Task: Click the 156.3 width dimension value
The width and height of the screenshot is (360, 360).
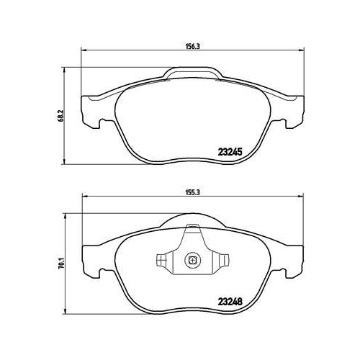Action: click(193, 47)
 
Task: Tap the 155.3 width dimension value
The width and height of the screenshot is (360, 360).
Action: click(193, 193)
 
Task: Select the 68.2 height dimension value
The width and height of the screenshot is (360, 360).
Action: click(60, 116)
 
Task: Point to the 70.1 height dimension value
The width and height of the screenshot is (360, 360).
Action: click(62, 264)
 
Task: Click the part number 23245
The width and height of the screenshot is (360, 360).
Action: click(230, 152)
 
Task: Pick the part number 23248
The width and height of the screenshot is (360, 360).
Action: click(230, 302)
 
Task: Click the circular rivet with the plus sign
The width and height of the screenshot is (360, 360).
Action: click(192, 260)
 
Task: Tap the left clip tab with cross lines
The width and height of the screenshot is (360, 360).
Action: click(161, 260)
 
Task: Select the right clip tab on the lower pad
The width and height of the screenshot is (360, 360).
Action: click(223, 260)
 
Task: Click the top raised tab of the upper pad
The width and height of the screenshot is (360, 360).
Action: click(193, 73)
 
